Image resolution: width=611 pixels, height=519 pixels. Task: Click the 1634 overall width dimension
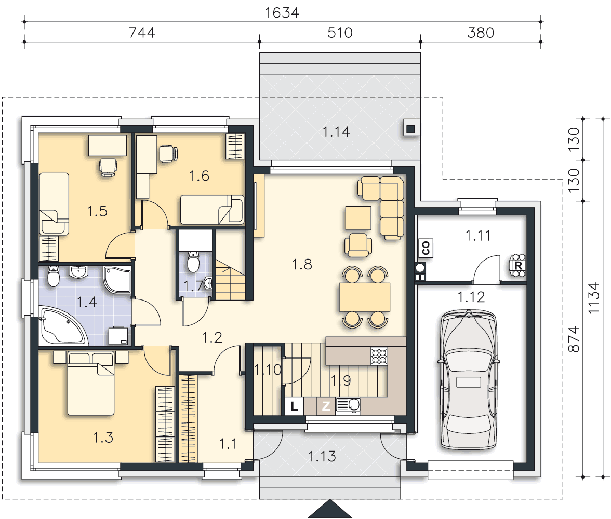(x=282, y=13)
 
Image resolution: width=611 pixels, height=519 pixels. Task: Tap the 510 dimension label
(x=340, y=33)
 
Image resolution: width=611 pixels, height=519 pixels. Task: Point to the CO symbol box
(x=426, y=248)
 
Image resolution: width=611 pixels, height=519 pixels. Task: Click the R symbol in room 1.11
(x=518, y=266)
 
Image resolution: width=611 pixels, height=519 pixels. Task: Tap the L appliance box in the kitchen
(x=294, y=406)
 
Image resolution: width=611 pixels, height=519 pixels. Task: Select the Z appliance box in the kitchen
(x=326, y=406)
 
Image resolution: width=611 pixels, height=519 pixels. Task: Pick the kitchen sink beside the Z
(x=348, y=406)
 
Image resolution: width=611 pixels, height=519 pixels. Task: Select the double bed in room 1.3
(x=91, y=383)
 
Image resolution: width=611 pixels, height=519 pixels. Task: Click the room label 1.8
(x=302, y=265)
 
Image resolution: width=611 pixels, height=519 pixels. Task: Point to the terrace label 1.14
(x=336, y=132)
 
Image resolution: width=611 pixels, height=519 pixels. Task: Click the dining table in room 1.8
(x=364, y=297)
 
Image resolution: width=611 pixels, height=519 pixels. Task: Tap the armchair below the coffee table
(x=358, y=245)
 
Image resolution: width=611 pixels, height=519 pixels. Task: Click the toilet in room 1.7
(x=193, y=261)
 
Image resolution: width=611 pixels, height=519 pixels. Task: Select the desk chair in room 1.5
(x=108, y=167)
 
